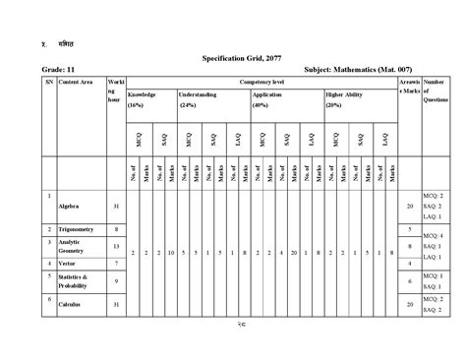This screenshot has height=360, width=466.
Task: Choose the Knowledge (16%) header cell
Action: click(144, 98)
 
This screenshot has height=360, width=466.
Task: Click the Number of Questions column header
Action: click(434, 94)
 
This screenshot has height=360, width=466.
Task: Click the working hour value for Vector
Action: click(116, 263)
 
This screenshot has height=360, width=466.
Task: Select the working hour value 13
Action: click(116, 245)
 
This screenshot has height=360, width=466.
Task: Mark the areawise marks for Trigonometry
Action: click(409, 228)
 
